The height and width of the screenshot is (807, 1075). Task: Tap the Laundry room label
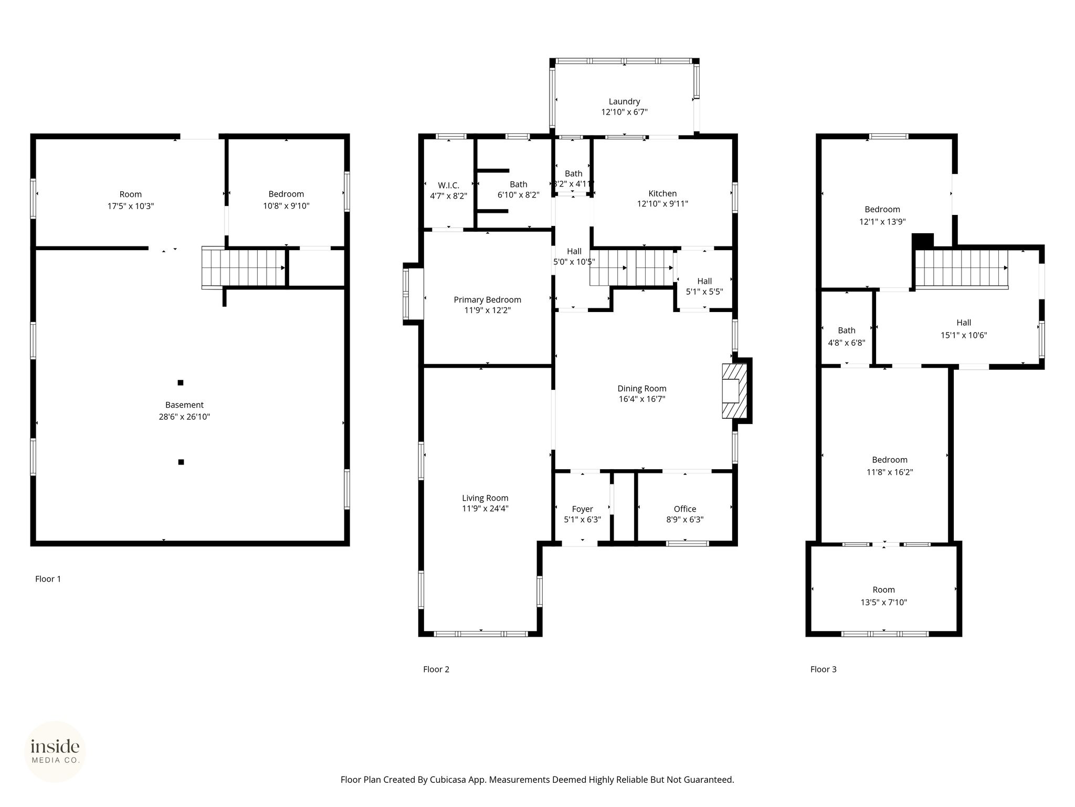[624, 101]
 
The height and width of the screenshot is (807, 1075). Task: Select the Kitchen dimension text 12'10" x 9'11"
[662, 204]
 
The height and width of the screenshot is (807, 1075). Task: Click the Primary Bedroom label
[487, 299]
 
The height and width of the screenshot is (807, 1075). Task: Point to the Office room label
[685, 509]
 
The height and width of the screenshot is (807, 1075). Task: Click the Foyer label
[582, 509]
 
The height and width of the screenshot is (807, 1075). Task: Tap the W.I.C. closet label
[448, 185]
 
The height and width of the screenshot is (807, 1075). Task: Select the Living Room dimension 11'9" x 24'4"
[485, 508]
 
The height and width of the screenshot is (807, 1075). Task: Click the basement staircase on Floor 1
[244, 268]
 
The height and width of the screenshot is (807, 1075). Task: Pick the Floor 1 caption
[48, 579]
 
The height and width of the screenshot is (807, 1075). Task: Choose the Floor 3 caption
[823, 669]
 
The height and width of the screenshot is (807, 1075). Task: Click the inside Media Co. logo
[55, 751]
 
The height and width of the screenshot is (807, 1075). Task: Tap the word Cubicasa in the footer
[449, 780]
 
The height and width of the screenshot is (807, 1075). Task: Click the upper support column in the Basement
[181, 382]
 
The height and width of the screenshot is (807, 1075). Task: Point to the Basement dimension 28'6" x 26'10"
[184, 417]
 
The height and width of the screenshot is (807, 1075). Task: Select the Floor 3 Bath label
[846, 330]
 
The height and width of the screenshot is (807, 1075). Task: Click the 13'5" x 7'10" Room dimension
[883, 602]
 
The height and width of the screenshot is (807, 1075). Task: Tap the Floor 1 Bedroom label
[286, 194]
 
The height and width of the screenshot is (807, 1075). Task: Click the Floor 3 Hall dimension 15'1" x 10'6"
[964, 335]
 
